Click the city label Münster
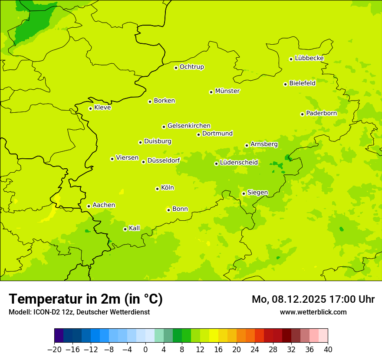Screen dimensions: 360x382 227,91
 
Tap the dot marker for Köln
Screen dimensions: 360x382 157,189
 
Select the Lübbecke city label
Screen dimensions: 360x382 309,58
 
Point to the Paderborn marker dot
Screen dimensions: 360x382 302,114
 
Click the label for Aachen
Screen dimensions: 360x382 104,205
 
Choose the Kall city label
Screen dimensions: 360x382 135,228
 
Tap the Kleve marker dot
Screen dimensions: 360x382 90,108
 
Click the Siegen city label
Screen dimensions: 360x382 257,193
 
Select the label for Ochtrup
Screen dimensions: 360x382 192,67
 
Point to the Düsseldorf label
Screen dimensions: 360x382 164,160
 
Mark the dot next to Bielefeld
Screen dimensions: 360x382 285,84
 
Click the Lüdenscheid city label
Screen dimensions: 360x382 239,163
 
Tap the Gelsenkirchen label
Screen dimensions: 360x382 189,126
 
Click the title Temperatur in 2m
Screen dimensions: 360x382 86,299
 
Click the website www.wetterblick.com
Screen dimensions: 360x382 313,312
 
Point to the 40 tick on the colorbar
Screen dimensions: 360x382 328,350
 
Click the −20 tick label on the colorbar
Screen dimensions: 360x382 54,350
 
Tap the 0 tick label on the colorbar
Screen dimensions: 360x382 145,350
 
